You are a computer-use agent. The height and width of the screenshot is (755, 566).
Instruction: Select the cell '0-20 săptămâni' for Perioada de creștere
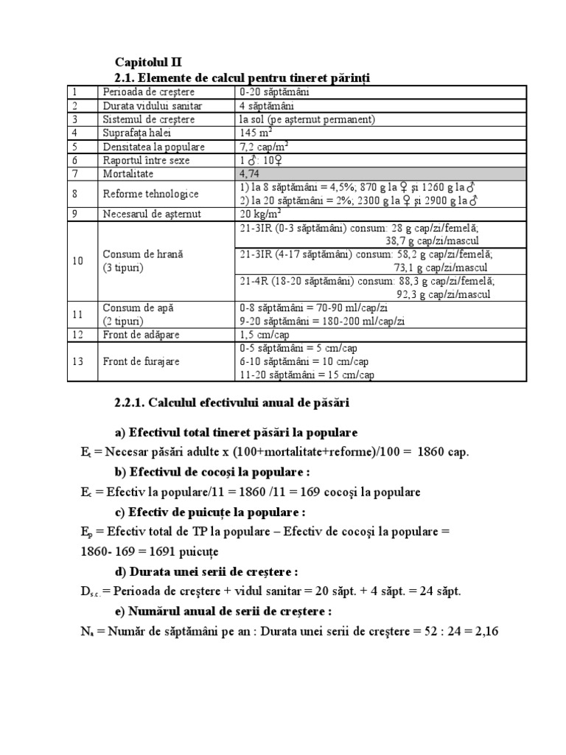click(274, 92)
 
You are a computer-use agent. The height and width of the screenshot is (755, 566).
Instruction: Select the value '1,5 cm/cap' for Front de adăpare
click(265, 334)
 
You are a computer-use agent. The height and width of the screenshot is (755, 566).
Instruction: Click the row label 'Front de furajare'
click(141, 361)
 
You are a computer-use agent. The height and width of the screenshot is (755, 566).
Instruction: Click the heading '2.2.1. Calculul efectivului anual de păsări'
click(232, 403)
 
